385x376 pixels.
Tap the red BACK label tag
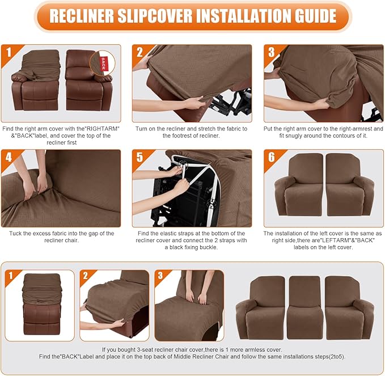click(103, 60)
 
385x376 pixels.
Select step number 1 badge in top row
click(8, 52)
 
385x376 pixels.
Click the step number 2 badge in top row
click(139, 52)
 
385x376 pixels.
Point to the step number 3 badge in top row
click(271, 52)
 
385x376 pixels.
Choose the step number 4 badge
click(8, 157)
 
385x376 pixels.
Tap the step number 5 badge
click(139, 157)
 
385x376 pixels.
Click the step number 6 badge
click(271, 157)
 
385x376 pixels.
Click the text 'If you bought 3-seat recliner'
click(192, 350)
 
